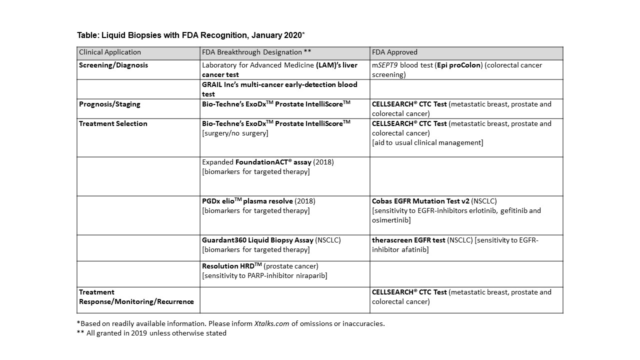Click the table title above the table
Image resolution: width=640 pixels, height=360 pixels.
coord(190,35)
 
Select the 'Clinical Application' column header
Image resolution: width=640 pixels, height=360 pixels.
coord(110,52)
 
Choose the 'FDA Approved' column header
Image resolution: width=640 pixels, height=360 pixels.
coord(394,52)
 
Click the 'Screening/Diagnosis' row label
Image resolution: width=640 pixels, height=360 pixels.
coord(113,65)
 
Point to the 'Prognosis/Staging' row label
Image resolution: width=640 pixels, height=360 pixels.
coord(109,104)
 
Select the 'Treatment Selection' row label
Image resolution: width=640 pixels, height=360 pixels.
coord(113,124)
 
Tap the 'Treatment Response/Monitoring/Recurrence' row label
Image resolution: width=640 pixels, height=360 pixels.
coord(136,297)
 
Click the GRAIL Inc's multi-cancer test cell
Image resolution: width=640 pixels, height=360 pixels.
coord(279,89)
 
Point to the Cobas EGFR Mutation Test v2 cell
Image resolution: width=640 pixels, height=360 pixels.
coord(456,210)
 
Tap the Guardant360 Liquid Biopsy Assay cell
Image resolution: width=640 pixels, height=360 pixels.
coord(271,245)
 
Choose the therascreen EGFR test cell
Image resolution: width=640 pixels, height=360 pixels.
coord(455,244)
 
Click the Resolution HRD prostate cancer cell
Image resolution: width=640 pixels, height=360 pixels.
coord(264,271)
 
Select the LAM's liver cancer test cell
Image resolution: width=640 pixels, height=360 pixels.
coord(279,70)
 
